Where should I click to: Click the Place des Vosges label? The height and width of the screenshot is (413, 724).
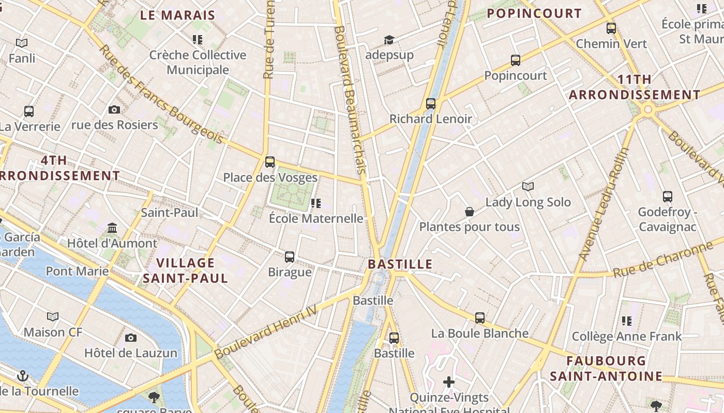pyautogui.click(x=270, y=178)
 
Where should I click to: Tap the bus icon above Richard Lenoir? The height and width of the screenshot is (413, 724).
pyautogui.click(x=431, y=103)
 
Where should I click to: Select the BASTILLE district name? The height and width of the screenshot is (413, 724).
pyautogui.click(x=400, y=264)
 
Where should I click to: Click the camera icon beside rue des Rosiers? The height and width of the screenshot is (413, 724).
pyautogui.click(x=114, y=109)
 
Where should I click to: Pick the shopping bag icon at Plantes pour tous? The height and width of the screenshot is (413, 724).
pyautogui.click(x=470, y=212)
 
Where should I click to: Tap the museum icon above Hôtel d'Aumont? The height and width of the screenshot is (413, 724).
pyautogui.click(x=112, y=228)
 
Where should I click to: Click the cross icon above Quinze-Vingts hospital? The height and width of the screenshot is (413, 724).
pyautogui.click(x=449, y=382)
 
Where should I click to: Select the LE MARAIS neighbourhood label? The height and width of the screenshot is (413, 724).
pyautogui.click(x=177, y=15)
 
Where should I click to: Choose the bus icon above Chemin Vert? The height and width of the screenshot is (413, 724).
pyautogui.click(x=611, y=28)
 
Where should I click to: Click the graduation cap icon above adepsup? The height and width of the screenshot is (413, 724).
pyautogui.click(x=389, y=40)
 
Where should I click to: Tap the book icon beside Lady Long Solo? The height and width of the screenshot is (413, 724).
pyautogui.click(x=527, y=186)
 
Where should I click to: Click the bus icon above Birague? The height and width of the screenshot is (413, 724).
pyautogui.click(x=290, y=257)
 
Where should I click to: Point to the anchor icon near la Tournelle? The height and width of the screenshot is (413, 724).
pyautogui.click(x=22, y=376)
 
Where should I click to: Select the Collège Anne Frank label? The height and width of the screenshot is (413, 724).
pyautogui.click(x=627, y=337)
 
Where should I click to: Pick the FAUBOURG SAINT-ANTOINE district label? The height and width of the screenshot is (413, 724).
pyautogui.click(x=606, y=369)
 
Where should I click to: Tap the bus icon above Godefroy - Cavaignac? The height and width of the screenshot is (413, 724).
pyautogui.click(x=668, y=197)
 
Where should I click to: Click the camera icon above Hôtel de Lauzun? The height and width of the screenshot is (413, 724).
pyautogui.click(x=131, y=338)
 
